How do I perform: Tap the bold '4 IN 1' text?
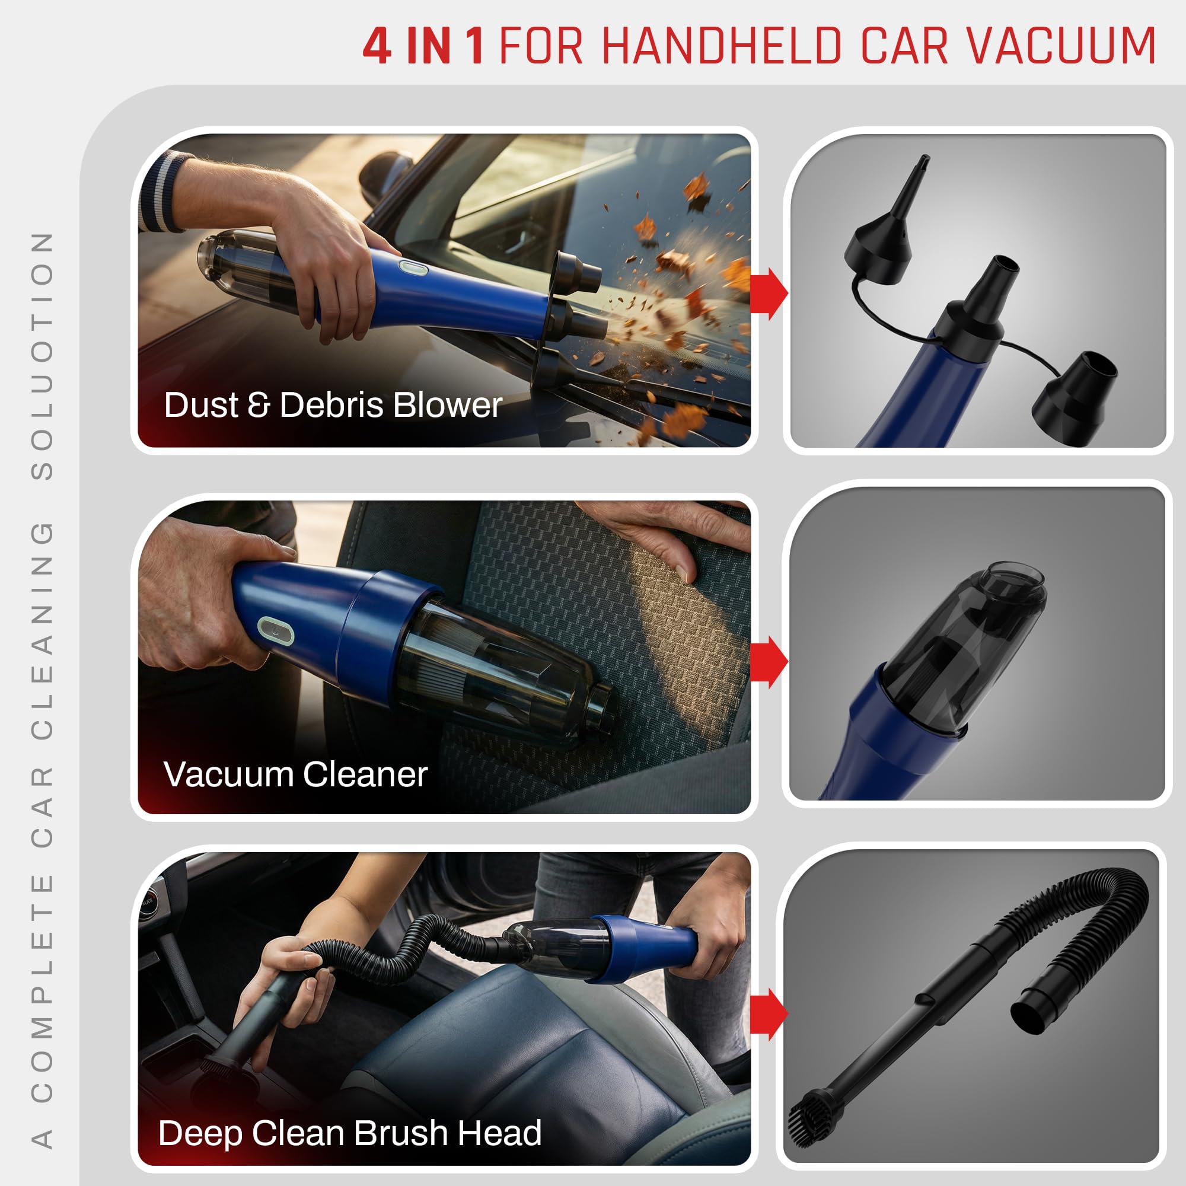click(423, 46)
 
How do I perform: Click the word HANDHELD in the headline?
click(722, 46)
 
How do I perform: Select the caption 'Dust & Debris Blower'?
click(333, 405)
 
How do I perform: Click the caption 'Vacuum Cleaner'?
click(295, 774)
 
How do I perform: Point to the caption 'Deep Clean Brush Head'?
click(349, 1133)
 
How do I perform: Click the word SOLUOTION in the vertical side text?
click(42, 356)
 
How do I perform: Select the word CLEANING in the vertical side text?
click(42, 629)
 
